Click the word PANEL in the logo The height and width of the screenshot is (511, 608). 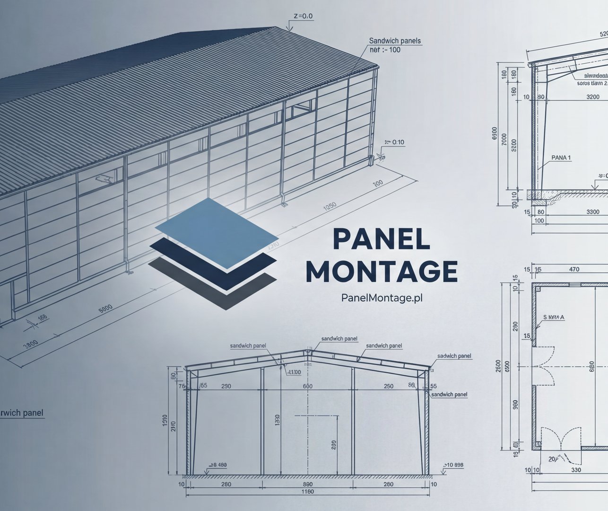click(381, 238)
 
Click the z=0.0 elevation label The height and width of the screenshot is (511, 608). click(303, 16)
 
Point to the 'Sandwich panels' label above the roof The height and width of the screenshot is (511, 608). click(395, 41)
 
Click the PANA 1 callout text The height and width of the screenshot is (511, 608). click(561, 158)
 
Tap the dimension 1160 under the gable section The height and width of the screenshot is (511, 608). click(307, 492)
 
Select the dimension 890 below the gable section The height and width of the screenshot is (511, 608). click(307, 485)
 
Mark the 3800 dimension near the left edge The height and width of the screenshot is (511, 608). click(30, 344)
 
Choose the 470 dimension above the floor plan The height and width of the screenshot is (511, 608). click(574, 270)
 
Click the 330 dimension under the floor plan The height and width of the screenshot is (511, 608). click(576, 470)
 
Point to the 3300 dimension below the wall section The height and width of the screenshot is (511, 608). click(592, 212)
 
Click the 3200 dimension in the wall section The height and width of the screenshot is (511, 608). click(593, 97)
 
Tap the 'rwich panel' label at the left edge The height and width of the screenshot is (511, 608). click(21, 413)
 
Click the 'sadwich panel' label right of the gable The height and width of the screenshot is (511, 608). click(454, 356)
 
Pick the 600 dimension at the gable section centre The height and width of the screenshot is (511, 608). click(307, 387)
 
